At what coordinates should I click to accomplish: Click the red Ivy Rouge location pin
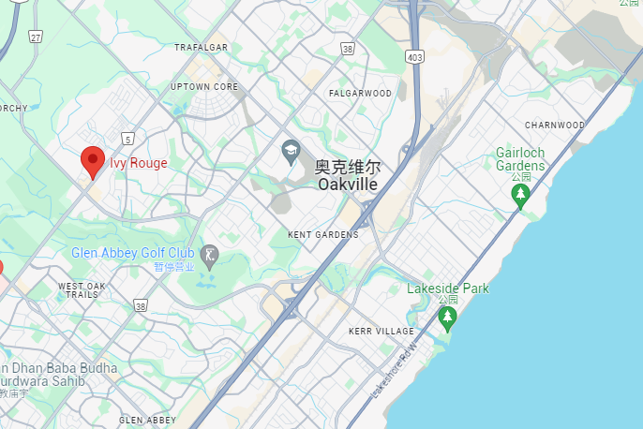coord(92,161)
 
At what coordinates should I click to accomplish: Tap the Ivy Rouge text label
coord(139,163)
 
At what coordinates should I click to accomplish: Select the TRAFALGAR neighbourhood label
coord(202,47)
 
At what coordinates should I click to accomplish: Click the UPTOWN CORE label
coord(204,87)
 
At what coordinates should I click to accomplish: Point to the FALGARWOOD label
coord(360,94)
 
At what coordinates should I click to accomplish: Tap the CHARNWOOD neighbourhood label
coord(555,125)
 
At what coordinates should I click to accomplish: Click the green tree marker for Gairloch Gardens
coord(520,195)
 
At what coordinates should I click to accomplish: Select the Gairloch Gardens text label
coord(520,159)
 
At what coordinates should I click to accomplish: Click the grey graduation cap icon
coord(291,150)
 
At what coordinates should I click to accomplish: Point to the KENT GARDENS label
coord(323,234)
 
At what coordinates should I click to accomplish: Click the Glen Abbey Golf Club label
coord(132,254)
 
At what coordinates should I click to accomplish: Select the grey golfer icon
coord(210,254)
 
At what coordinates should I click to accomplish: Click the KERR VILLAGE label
coord(381,332)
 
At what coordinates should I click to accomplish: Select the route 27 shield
coord(36,37)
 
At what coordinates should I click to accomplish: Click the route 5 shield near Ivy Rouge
coord(127,139)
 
